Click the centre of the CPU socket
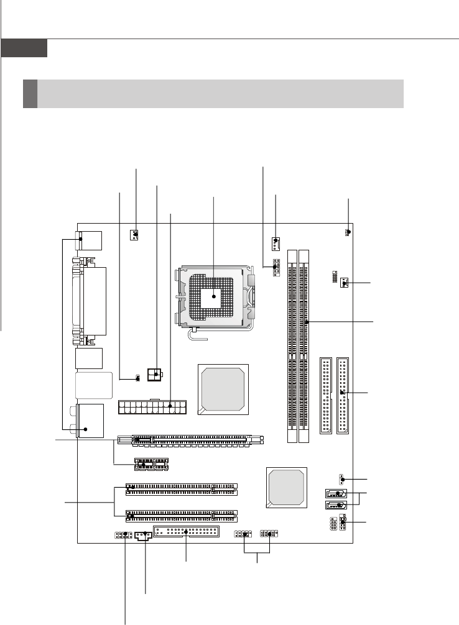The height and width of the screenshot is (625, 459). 213,297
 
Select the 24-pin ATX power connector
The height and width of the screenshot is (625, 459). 152,408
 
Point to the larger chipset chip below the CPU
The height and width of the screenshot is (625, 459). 222,389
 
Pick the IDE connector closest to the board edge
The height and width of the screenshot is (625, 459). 343,396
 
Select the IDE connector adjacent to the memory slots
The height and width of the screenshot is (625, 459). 326,396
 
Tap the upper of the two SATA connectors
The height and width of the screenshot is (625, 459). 336,495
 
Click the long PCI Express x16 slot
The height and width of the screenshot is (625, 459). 197,439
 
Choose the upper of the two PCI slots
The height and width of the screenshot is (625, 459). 181,490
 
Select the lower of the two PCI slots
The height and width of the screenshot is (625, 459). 181,515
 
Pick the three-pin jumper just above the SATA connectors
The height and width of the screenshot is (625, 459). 341,479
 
